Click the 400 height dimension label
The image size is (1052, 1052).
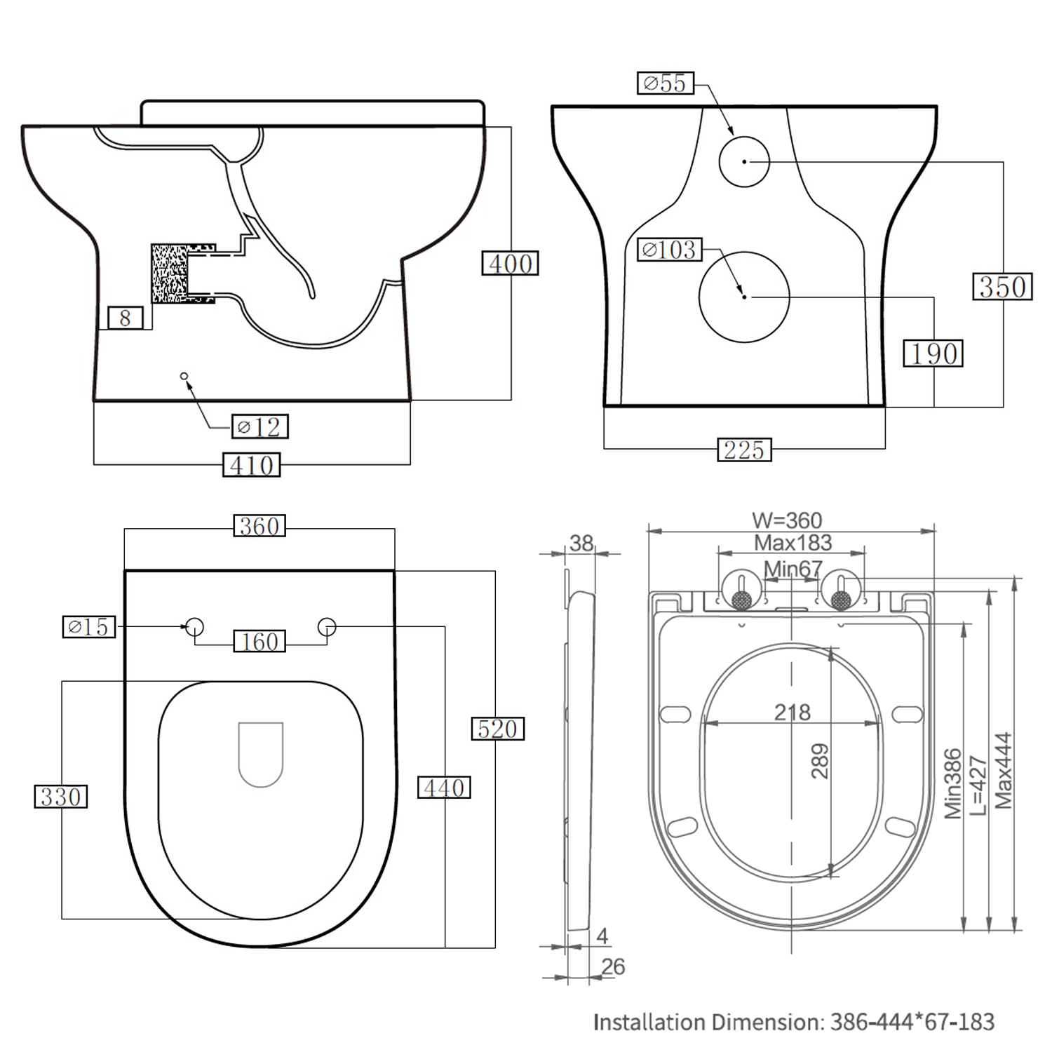click(510, 264)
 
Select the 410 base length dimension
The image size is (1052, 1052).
click(251, 465)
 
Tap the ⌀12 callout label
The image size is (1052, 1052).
click(259, 426)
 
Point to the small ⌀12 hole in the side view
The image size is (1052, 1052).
click(184, 377)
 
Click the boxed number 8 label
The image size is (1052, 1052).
click(125, 318)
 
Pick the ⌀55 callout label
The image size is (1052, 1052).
click(665, 83)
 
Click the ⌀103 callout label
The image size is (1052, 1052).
click(669, 250)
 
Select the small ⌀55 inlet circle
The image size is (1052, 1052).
click(744, 161)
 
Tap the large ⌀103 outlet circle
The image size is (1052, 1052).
click(744, 297)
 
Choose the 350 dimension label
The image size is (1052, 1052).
click(1002, 287)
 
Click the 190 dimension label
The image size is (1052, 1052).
click(933, 353)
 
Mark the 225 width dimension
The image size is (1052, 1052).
click(744, 450)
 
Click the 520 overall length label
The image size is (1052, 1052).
click(497, 729)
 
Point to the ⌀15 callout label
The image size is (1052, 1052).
click(89, 626)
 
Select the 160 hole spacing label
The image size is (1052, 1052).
click(259, 641)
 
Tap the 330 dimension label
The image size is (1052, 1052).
click(61, 797)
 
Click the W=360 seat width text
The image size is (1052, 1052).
click(786, 520)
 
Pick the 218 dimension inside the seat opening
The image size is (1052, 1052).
click(792, 713)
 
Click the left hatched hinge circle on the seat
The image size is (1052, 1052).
click(741, 600)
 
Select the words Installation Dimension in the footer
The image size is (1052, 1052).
click(708, 1022)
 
